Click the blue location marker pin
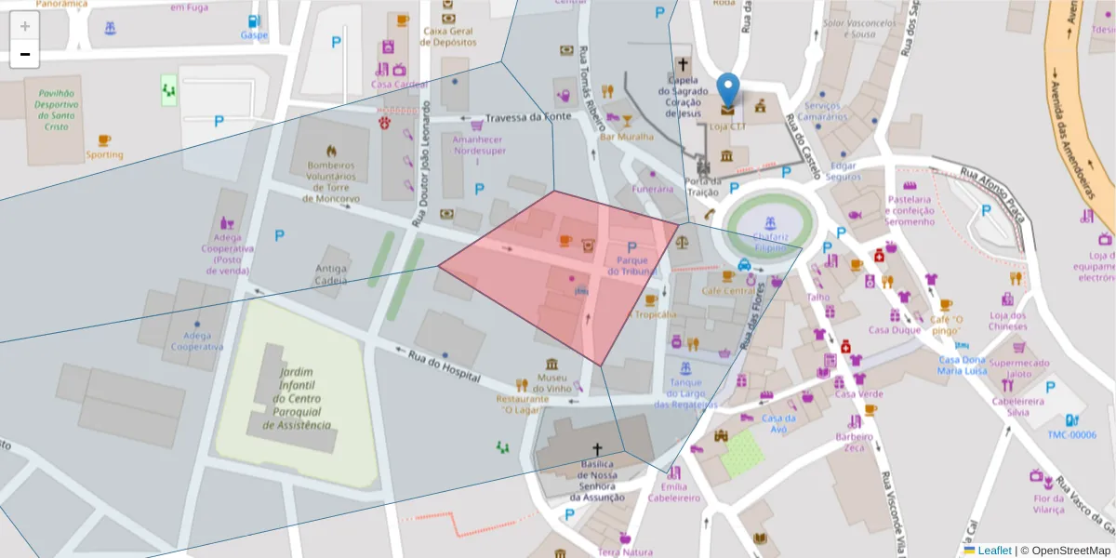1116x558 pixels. coord(729,91)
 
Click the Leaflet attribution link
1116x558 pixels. coord(994,551)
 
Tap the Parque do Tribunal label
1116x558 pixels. coord(631,266)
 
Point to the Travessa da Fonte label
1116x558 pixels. coord(527,117)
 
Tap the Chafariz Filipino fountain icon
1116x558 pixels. coord(769,224)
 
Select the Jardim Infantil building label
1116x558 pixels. coord(297,398)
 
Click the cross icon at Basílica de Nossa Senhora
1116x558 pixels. coord(597,449)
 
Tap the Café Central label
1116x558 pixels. coord(728,291)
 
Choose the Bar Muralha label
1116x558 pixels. coord(627,137)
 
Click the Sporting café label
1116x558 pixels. coord(104,154)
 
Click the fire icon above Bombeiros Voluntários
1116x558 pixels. coord(332,150)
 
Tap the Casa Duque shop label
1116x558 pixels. coord(894,329)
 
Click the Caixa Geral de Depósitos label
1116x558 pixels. coord(449,36)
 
